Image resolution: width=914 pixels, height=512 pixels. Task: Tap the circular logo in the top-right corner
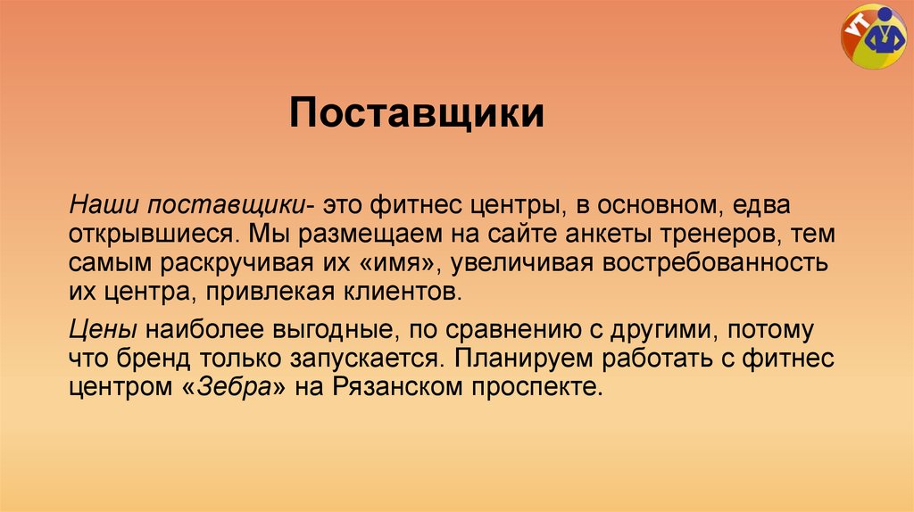click(873, 39)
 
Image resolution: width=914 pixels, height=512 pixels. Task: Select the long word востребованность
click(709, 263)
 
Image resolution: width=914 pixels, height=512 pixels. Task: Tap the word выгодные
click(328, 330)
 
